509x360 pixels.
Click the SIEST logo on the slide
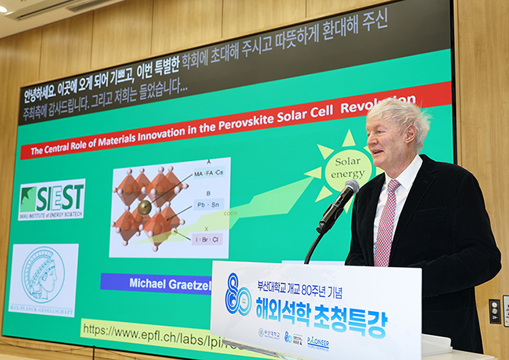click(x=52, y=199)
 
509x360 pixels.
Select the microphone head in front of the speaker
click(x=350, y=189)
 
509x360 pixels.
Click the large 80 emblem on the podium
click(x=238, y=295)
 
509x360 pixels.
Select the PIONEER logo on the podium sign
click(x=318, y=341)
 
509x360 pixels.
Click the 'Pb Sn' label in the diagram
click(x=208, y=204)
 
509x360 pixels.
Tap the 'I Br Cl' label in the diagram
click(x=207, y=238)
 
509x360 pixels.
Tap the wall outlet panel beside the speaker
click(x=495, y=311)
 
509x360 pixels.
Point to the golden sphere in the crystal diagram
click(x=144, y=208)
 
